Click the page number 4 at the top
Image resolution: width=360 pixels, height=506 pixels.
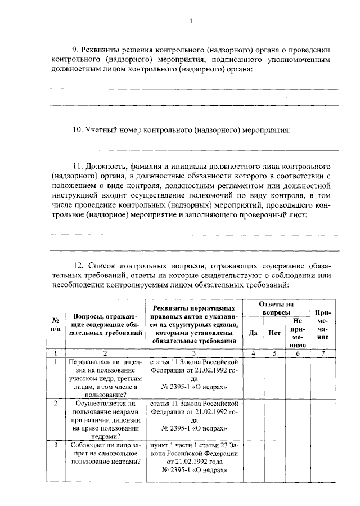[191, 21]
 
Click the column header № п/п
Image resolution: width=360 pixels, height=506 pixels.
[56, 324]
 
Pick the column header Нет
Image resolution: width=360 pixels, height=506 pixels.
[274, 332]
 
